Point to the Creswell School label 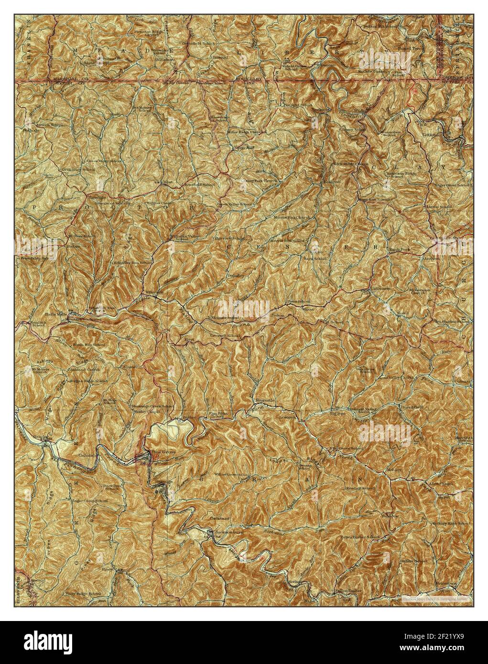[x=225, y=336]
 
